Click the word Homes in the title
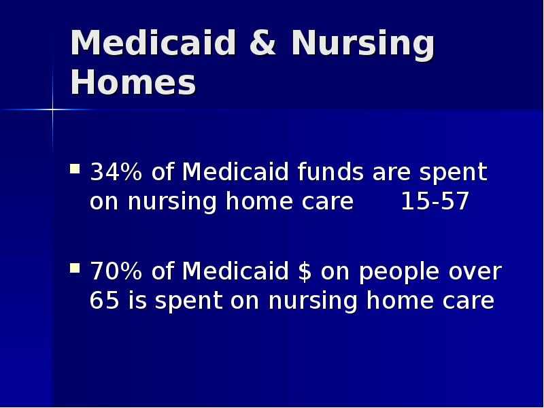pyautogui.click(x=133, y=83)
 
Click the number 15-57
pyautogui.click(x=435, y=202)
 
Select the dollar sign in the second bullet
pyautogui.click(x=305, y=272)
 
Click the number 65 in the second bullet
pyautogui.click(x=104, y=301)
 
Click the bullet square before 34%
pyautogui.click(x=75, y=168)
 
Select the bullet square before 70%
pyautogui.click(x=75, y=267)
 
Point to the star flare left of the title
pyautogui.click(x=52, y=109)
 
